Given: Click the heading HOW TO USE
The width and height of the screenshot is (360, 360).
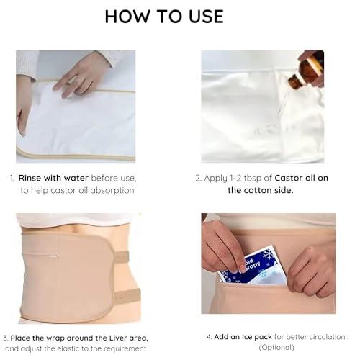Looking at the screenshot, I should pos(164,16).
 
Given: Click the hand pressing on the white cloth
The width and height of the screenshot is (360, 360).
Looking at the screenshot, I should pos(82,74).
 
